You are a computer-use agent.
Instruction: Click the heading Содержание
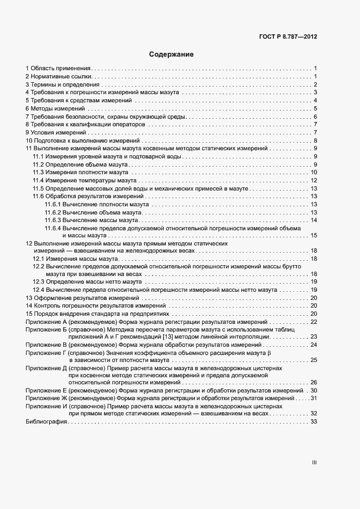pos(172,54)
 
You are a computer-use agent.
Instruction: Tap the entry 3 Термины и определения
pos(63,84)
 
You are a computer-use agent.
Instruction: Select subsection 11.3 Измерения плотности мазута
pos(81,173)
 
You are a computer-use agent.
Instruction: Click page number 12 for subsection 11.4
pos(314,181)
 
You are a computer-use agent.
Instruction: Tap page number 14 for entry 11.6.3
pos(314,220)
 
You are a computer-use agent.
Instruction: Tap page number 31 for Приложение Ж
pos(314,398)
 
